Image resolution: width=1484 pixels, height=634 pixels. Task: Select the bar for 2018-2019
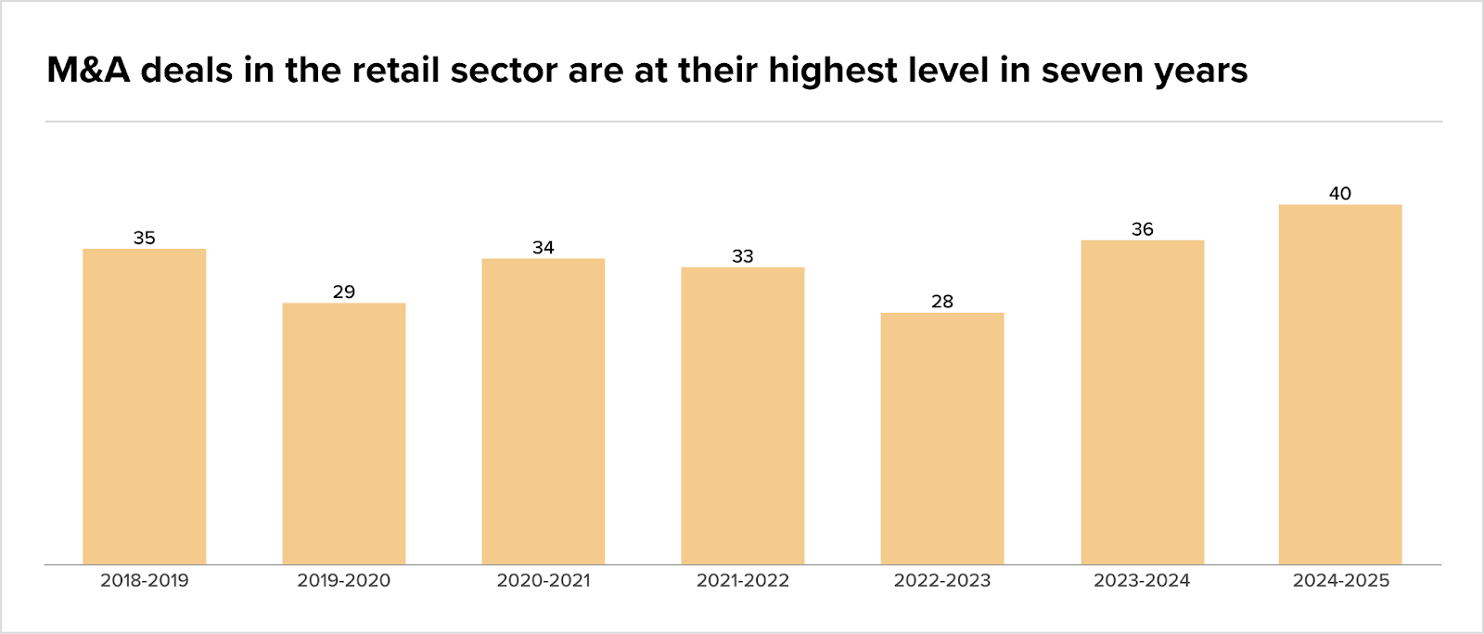click(x=145, y=407)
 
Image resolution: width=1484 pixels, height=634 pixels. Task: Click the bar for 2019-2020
click(x=344, y=433)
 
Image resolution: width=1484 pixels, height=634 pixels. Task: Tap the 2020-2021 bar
click(x=544, y=411)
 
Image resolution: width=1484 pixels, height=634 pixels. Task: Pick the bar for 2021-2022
click(x=743, y=416)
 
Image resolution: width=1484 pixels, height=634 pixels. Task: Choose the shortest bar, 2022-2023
click(x=942, y=438)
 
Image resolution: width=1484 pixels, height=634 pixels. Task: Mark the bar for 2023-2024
click(x=1143, y=402)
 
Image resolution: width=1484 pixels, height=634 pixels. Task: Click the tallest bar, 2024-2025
click(x=1340, y=384)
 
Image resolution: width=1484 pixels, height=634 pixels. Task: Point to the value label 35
click(x=145, y=238)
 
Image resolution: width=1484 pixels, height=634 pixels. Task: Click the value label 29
click(x=344, y=291)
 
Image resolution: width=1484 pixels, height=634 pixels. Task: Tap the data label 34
click(x=544, y=247)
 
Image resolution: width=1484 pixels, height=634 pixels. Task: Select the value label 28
click(x=942, y=301)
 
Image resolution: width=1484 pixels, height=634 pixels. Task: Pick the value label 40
click(x=1340, y=193)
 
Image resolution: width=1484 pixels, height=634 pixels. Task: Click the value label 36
click(x=1143, y=228)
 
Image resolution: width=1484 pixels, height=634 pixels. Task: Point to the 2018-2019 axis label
click(x=145, y=580)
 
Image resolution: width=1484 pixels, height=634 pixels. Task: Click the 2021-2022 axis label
click(x=743, y=580)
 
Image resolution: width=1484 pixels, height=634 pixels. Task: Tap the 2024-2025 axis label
click(x=1341, y=580)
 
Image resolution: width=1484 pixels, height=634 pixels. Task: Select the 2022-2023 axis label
click(x=942, y=580)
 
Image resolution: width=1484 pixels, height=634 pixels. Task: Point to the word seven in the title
click(x=1093, y=71)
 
